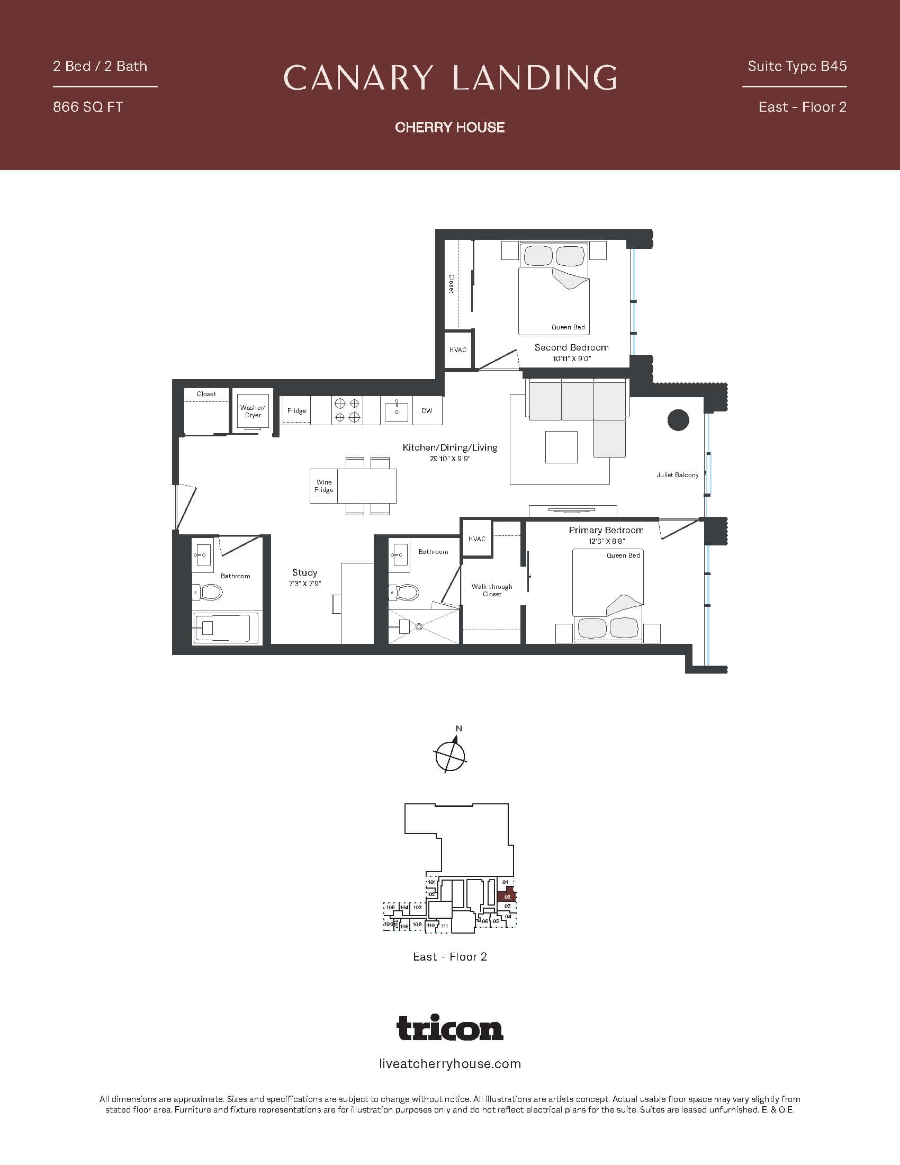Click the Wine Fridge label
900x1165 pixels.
pos(323,486)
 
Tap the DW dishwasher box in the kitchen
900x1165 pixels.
pos(427,411)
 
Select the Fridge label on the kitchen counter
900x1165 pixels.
pos(296,411)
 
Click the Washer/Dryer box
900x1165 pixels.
pos(253,412)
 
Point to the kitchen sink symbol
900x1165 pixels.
pos(396,411)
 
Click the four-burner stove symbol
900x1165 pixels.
pos(347,411)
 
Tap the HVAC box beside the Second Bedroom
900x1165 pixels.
pos(458,350)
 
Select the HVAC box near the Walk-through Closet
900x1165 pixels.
pos(476,539)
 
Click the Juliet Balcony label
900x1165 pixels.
pos(677,475)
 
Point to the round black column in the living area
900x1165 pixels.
pos(678,420)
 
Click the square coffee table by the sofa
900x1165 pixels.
pos(561,447)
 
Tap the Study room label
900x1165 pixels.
pos(304,572)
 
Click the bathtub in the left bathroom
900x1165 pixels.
pos(227,628)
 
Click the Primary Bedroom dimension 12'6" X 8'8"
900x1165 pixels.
pos(606,541)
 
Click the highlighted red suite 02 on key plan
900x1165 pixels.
pos(507,897)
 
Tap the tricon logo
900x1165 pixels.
pos(449,1028)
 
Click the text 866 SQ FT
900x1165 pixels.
pos(88,107)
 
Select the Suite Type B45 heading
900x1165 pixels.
pos(797,66)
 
